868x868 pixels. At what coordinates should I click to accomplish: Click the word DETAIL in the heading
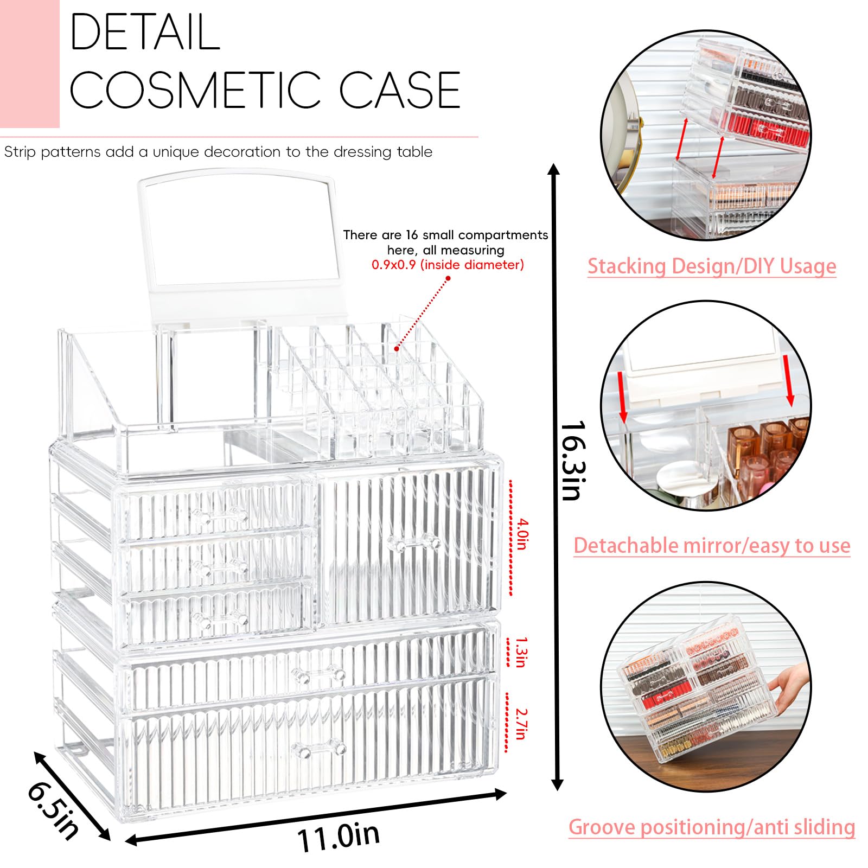(x=145, y=33)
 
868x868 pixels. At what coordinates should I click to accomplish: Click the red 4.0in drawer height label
(x=521, y=534)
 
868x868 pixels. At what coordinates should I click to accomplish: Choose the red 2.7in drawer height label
(x=521, y=723)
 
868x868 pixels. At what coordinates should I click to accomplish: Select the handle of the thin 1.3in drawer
(x=318, y=674)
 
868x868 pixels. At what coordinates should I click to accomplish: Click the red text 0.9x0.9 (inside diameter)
(x=448, y=265)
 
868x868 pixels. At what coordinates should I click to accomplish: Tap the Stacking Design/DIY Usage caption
(x=711, y=266)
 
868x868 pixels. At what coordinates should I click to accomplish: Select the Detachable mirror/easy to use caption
(x=711, y=546)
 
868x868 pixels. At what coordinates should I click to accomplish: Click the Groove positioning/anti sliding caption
(x=711, y=827)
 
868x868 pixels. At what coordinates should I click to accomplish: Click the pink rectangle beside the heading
(x=29, y=63)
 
